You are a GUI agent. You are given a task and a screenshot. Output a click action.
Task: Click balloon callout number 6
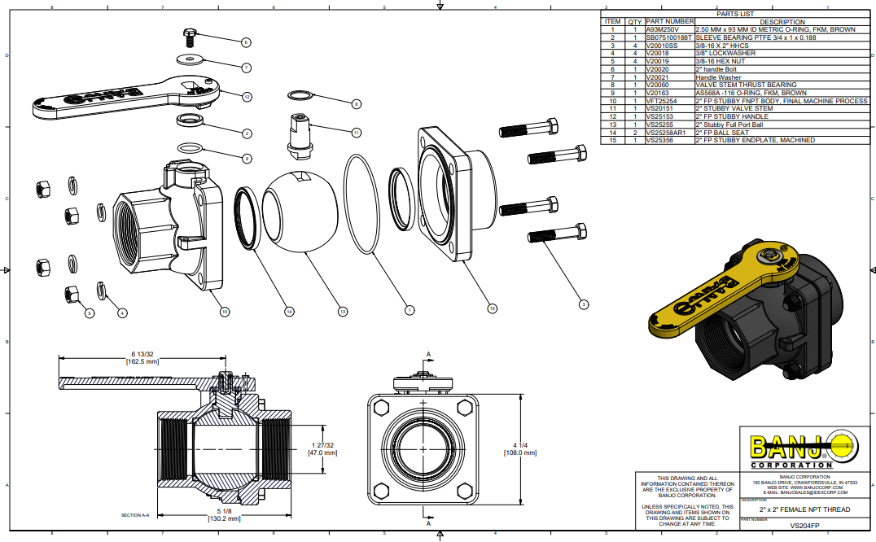pos(246,42)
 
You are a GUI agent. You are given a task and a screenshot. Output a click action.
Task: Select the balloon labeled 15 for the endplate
pos(491,308)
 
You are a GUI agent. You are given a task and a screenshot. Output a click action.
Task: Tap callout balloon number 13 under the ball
pos(343,310)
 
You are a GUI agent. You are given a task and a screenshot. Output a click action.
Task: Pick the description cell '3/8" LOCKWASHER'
pos(725,53)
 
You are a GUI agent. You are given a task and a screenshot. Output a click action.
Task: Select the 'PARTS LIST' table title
pos(735,14)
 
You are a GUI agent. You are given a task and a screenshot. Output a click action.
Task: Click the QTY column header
pos(634,21)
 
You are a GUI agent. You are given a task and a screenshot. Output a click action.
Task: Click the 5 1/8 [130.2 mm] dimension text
pos(223,514)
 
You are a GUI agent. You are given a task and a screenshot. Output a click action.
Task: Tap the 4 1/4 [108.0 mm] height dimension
pos(525,448)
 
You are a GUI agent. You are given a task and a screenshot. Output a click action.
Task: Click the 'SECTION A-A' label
pos(135,515)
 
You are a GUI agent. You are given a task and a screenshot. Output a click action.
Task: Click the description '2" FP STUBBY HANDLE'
pos(732,116)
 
